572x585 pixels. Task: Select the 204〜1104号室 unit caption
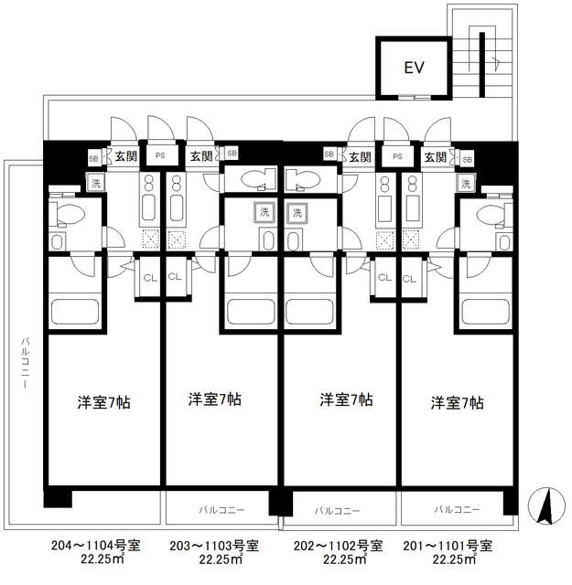pyautogui.click(x=95, y=546)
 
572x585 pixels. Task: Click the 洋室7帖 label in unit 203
pyautogui.click(x=215, y=399)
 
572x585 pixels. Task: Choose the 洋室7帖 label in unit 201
pyautogui.click(x=458, y=402)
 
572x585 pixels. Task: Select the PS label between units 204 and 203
pyautogui.click(x=161, y=156)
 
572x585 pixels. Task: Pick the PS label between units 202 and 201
pyautogui.click(x=396, y=156)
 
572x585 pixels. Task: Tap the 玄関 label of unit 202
pyautogui.click(x=359, y=156)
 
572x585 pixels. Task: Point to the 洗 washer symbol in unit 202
pyautogui.click(x=297, y=213)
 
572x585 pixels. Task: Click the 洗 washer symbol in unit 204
pyautogui.click(x=94, y=184)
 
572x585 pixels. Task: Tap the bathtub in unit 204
pyautogui.click(x=78, y=311)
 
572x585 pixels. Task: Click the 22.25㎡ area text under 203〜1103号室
pyautogui.click(x=214, y=560)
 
